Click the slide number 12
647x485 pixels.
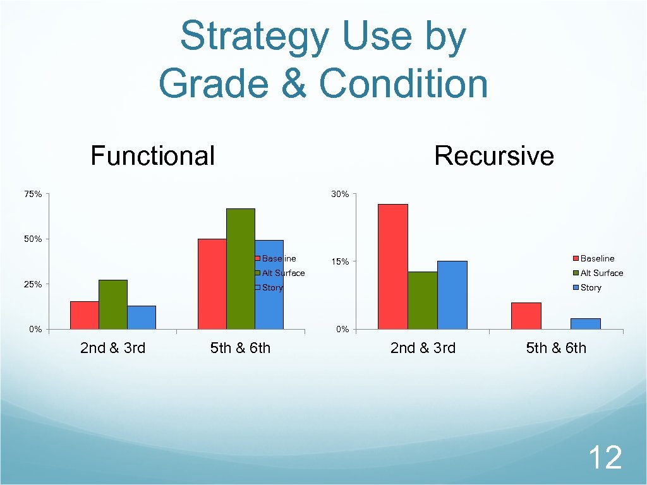[605, 457]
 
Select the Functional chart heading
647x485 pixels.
[152, 155]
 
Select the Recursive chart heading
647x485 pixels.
[493, 155]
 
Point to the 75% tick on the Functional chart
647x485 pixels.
[33, 194]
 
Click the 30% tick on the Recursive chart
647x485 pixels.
[340, 194]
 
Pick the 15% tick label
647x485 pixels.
[340, 261]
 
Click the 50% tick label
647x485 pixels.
[33, 239]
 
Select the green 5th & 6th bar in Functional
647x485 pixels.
[240, 268]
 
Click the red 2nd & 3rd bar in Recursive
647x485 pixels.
[392, 266]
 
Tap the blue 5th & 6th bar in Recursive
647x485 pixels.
[585, 323]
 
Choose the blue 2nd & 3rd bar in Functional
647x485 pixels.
[141, 317]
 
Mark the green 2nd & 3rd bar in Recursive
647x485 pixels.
[422, 300]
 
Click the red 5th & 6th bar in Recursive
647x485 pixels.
[526, 316]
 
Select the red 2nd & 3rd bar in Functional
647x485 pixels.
[84, 314]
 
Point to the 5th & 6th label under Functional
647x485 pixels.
[240, 347]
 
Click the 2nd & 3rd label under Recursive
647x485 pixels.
[423, 347]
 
